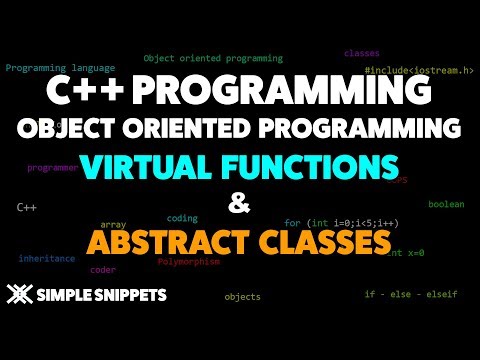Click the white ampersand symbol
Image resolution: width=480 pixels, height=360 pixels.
pyautogui.click(x=238, y=204)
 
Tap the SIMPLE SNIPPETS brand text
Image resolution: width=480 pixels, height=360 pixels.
pyautogui.click(x=101, y=296)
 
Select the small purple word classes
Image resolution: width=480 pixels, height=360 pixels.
pyautogui.click(x=361, y=53)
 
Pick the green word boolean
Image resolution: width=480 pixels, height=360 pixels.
pyautogui.click(x=446, y=204)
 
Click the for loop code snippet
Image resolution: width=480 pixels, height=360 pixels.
pyautogui.click(x=341, y=223)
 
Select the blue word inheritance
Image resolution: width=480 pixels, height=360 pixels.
pyautogui.click(x=46, y=258)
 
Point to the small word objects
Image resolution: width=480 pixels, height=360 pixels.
pyautogui.click(x=242, y=297)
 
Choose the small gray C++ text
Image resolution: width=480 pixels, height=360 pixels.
pyautogui.click(x=27, y=207)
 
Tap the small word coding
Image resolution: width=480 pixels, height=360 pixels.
pyautogui.click(x=182, y=217)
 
